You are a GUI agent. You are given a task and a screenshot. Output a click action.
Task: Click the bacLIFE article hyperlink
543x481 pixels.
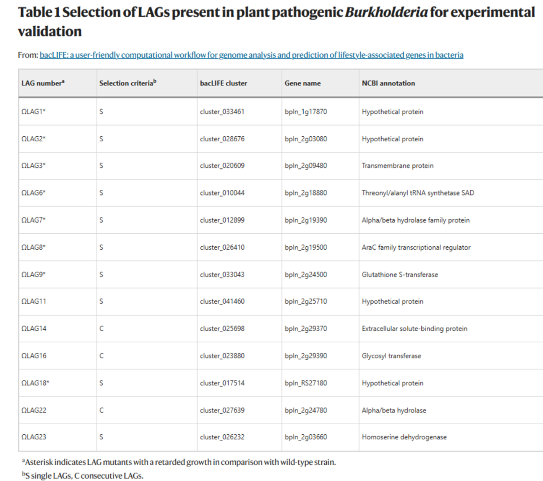click(251, 55)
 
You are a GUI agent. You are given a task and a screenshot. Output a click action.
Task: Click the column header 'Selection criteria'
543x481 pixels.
click(128, 83)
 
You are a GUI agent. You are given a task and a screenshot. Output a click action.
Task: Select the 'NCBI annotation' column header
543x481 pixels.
click(388, 83)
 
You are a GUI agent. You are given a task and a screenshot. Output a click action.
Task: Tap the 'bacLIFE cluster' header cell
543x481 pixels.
click(223, 83)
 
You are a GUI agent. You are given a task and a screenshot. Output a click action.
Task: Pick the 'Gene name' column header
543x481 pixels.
click(302, 83)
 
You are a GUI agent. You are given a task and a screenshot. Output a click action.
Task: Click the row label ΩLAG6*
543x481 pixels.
click(33, 193)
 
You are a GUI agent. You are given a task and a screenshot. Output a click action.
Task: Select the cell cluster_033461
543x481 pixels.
click(222, 112)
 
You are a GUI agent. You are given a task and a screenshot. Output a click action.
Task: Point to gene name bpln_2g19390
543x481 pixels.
click(306, 220)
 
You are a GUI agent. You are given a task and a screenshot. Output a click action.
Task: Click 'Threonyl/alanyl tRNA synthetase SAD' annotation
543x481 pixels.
click(418, 193)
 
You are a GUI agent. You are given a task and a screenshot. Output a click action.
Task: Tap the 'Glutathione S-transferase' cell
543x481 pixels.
click(400, 274)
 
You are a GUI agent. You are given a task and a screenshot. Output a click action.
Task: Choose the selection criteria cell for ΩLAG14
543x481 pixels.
click(102, 329)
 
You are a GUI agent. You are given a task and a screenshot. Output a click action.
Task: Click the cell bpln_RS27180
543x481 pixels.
click(306, 383)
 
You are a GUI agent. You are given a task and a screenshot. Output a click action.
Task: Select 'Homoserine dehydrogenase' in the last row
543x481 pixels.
click(404, 437)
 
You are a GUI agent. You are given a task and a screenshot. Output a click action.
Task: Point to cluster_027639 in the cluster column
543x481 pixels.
click(222, 410)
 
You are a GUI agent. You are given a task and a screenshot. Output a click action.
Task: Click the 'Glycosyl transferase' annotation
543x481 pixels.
click(391, 356)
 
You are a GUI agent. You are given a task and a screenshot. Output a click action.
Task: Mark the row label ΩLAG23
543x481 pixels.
click(34, 437)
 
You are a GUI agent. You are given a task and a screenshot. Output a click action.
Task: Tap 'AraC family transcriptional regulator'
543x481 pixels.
click(416, 247)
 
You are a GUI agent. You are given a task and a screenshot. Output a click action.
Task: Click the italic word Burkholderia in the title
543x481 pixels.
click(387, 13)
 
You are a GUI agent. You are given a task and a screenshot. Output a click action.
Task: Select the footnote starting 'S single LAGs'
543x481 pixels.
click(83, 475)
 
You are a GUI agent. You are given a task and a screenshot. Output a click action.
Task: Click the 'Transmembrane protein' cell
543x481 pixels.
click(398, 165)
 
